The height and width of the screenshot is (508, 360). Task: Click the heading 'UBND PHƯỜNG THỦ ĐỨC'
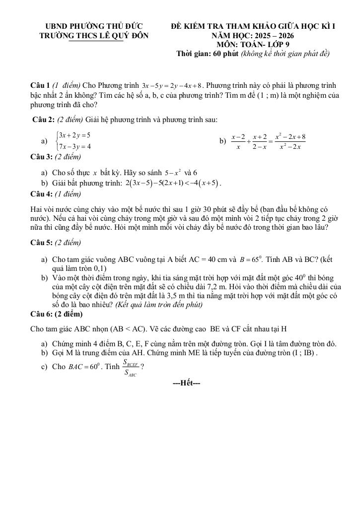[x=93, y=26]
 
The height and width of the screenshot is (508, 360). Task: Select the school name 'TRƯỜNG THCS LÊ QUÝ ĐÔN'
[x=93, y=36]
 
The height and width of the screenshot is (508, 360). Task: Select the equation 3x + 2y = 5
[x=74, y=135]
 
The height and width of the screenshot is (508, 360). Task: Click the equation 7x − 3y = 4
[x=74, y=146]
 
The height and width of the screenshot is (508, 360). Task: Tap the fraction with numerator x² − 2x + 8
[x=290, y=141]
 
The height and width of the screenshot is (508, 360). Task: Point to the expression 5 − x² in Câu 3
[x=172, y=173]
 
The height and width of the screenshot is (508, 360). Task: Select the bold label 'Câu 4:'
[x=43, y=194]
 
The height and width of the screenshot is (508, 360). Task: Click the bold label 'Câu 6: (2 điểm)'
[x=57, y=314]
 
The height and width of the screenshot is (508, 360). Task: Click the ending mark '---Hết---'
[x=186, y=383]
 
